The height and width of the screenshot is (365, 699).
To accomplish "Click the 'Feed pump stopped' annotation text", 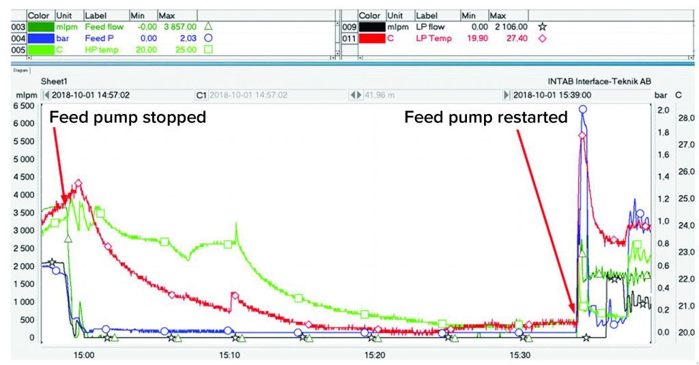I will [128, 117].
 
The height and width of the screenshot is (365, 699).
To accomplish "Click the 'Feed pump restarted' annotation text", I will [485, 117].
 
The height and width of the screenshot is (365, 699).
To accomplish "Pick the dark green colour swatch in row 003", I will [40, 27].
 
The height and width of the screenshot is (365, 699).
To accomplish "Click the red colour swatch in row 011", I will [371, 38].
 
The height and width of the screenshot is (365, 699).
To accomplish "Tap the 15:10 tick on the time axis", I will [229, 355].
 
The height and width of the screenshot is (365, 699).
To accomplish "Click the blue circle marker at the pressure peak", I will [582, 109].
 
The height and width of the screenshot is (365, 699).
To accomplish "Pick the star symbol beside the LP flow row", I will [543, 27].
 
